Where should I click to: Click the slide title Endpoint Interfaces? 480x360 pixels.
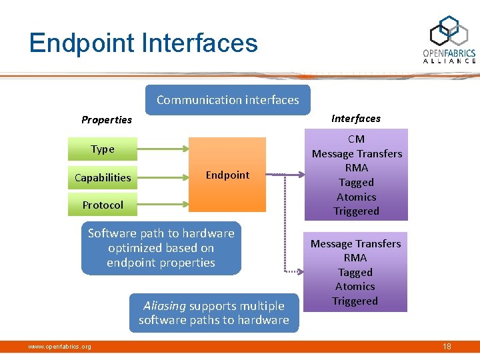143,43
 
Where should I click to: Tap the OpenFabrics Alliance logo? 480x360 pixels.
449,40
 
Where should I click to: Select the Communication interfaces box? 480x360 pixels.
227,100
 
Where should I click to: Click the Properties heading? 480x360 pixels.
107,120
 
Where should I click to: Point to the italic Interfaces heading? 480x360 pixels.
356,119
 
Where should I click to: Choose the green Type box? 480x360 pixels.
103,149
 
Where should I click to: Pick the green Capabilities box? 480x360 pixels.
103,177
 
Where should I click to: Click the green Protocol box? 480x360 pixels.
103,205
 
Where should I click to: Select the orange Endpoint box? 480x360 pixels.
227,175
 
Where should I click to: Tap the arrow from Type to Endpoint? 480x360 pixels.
163,149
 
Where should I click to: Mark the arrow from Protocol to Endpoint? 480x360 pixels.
163,205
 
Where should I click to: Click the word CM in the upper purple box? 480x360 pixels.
357,139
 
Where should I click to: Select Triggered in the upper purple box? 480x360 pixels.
357,211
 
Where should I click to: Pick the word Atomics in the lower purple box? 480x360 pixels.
355,287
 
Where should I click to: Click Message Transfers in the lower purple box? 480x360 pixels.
355,244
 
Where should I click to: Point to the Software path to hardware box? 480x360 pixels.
161,248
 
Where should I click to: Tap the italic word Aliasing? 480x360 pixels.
165,306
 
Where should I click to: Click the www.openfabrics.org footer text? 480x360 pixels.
59,346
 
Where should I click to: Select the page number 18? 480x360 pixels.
446,346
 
